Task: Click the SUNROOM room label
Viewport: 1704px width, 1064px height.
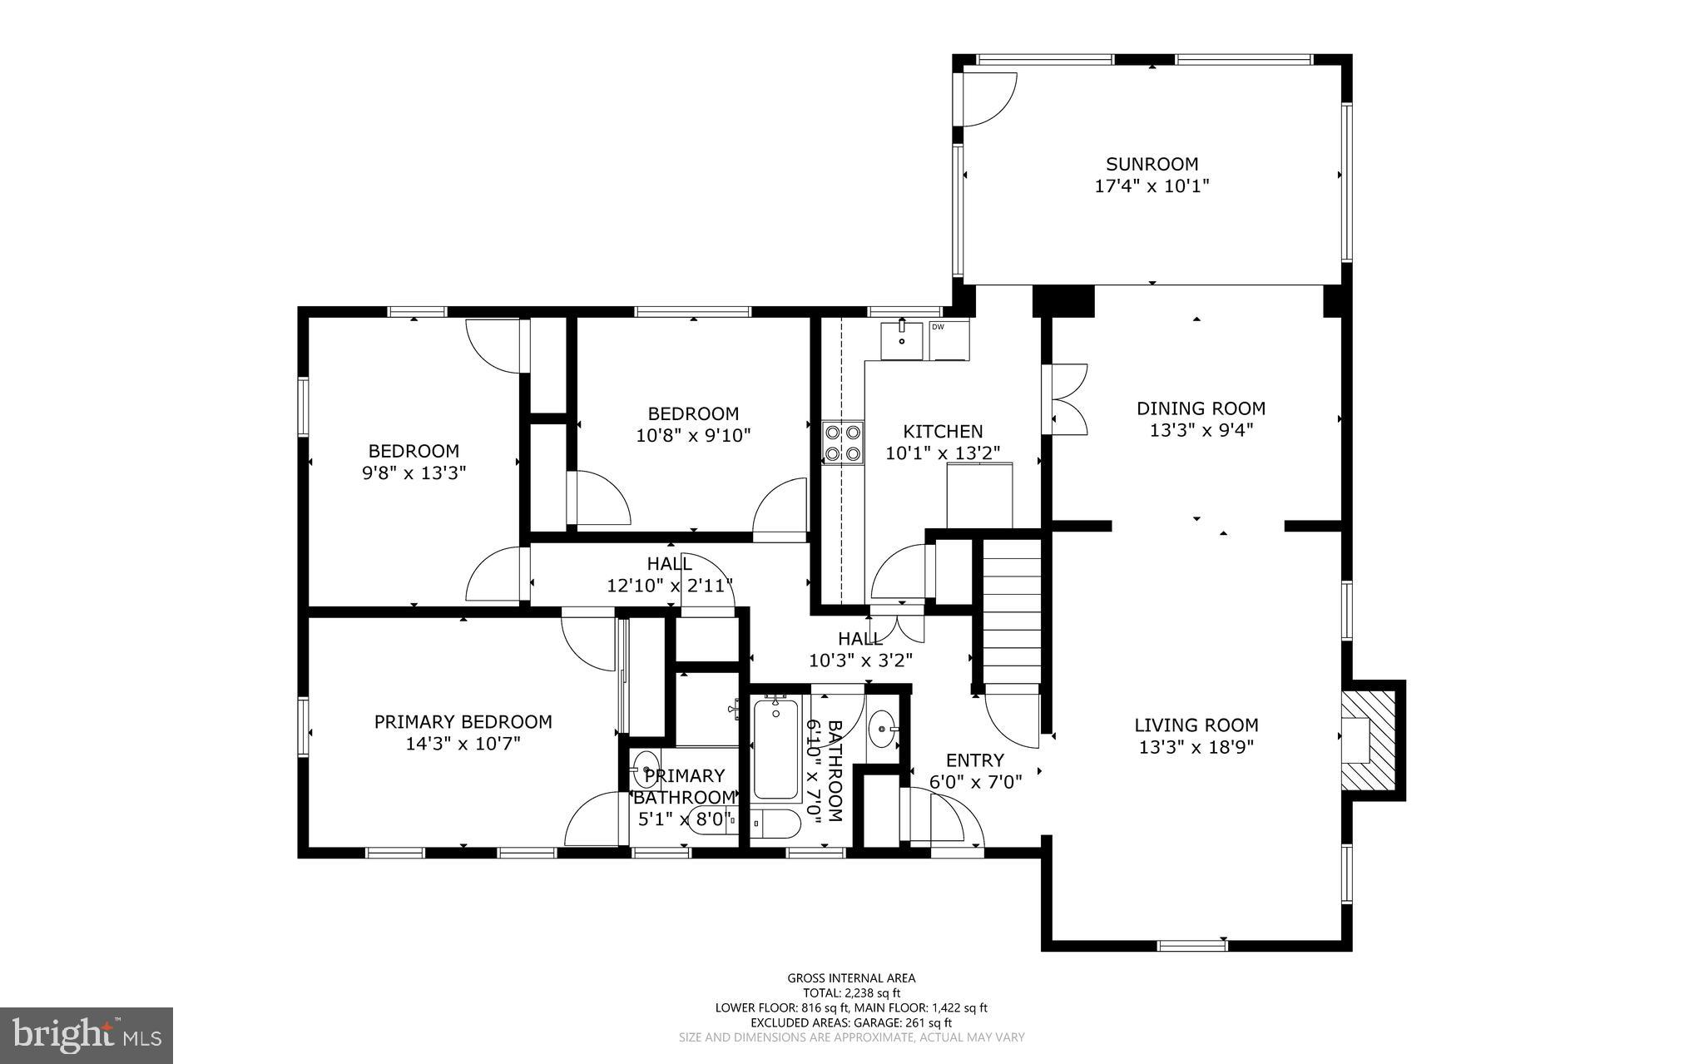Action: pos(1152,164)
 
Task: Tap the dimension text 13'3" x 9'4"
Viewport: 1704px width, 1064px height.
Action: pos(1201,430)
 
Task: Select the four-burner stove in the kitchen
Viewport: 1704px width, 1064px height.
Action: pos(842,443)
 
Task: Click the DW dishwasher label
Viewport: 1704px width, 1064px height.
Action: pos(938,327)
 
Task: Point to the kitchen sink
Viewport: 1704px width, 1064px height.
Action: pos(902,339)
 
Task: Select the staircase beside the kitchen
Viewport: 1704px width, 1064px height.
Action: pos(1012,611)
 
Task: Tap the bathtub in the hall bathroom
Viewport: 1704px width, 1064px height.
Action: pos(775,749)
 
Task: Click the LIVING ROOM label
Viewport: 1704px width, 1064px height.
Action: pos(1196,725)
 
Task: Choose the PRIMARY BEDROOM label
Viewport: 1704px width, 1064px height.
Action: pos(463,722)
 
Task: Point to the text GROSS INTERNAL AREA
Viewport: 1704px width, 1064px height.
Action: pos(851,978)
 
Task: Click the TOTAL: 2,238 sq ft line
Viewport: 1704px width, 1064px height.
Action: pos(851,992)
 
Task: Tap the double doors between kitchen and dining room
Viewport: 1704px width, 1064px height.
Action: pos(1068,399)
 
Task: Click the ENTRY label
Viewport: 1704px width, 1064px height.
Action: pos(975,760)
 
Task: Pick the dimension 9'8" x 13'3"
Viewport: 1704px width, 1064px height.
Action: pos(414,473)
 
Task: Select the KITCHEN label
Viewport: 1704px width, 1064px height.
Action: pos(943,432)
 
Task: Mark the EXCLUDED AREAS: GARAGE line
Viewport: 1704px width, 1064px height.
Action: pos(851,1022)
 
